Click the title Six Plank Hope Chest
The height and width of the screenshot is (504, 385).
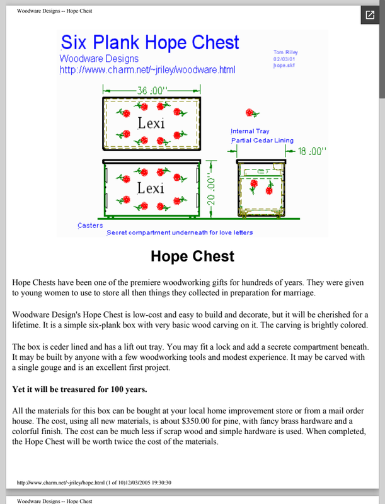coord(149,43)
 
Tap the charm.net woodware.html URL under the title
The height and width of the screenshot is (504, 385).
coord(147,70)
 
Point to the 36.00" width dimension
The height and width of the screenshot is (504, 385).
coord(151,90)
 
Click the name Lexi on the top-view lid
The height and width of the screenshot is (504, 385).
coord(151,123)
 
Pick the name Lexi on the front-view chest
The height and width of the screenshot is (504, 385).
coord(151,188)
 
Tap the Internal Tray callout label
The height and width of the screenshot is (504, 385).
coord(251,131)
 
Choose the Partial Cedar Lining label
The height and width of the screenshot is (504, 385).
coord(262,140)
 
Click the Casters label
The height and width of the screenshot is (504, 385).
coord(90,225)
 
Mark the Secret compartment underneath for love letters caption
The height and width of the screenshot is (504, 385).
coord(180,232)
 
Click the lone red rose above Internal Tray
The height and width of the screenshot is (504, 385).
coord(251,113)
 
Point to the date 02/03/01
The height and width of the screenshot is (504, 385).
coord(284,59)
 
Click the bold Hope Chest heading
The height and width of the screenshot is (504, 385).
coord(192,256)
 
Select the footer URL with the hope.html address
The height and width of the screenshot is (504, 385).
coord(95,483)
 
